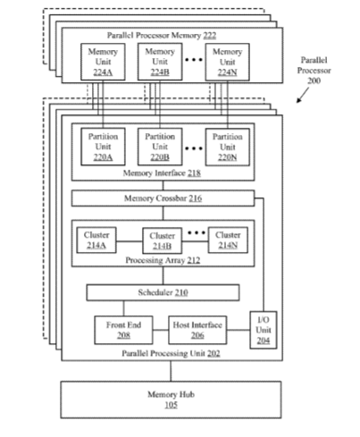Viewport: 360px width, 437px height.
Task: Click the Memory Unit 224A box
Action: (x=103, y=62)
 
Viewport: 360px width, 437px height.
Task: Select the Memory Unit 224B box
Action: (x=160, y=62)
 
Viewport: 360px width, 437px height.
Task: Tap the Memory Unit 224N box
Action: (x=227, y=62)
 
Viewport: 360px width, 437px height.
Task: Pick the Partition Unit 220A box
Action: (x=103, y=147)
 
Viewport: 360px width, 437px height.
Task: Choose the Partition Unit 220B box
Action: (x=160, y=147)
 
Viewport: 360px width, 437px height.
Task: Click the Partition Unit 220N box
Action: (x=227, y=147)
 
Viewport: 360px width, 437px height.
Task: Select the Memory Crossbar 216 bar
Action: (x=163, y=198)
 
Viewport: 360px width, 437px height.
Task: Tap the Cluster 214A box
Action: (x=96, y=240)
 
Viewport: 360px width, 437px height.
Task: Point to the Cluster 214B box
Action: (x=162, y=241)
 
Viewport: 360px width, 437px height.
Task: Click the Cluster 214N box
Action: (x=228, y=240)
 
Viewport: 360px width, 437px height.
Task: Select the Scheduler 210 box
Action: (x=163, y=292)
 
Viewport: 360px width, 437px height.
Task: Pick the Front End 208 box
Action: (x=123, y=330)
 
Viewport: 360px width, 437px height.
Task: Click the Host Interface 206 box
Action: (x=197, y=330)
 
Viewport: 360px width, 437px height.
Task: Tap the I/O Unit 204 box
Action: (x=264, y=330)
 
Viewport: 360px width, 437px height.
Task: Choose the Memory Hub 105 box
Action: (x=171, y=399)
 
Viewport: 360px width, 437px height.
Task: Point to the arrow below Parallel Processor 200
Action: (x=303, y=95)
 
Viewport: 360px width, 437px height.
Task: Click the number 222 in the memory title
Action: (x=210, y=36)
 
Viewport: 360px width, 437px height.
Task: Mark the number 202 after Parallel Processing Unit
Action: (x=213, y=354)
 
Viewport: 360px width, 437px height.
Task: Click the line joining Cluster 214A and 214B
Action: (x=130, y=241)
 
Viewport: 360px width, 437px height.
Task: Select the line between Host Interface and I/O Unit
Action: (x=239, y=330)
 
